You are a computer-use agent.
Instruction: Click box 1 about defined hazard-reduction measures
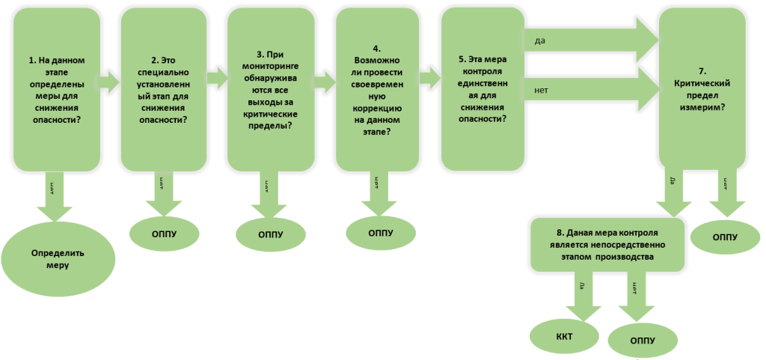(56, 90)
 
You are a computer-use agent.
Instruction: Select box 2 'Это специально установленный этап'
(164, 90)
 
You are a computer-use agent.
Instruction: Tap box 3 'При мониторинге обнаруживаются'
(270, 90)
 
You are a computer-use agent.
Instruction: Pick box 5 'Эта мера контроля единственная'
(481, 90)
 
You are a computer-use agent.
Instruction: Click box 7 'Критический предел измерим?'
(702, 90)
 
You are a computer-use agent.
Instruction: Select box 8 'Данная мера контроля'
(607, 244)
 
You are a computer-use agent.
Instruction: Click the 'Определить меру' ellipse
(59, 258)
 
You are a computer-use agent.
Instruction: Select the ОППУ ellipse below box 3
(270, 235)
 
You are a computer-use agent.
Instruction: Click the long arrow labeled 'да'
(591, 42)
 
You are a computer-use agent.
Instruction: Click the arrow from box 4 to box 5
(429, 78)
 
